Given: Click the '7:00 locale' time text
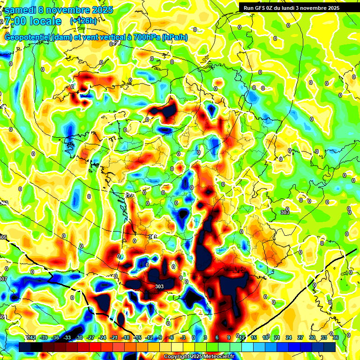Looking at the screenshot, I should (x=33, y=21).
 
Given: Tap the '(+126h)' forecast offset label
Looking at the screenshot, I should (x=83, y=21).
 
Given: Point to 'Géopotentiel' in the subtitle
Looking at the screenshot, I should (x=28, y=37).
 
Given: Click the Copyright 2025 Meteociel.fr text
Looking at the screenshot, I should (x=199, y=356).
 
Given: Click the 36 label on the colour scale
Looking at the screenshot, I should (x=335, y=337).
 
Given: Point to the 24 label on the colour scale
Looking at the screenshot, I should (x=288, y=337).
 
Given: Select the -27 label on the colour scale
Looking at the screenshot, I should (x=91, y=337).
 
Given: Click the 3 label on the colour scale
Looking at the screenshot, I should (x=205, y=337).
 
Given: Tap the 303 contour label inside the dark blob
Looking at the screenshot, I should (x=159, y=286).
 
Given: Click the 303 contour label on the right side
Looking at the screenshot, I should (x=284, y=212).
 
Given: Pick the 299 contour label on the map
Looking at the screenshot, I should (x=129, y=195).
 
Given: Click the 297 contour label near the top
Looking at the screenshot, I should (x=114, y=44).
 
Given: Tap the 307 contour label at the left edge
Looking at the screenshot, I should (x=3, y=279).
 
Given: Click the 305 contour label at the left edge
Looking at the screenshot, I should (x=3, y=238).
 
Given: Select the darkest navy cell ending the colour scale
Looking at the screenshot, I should (x=330, y=347).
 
